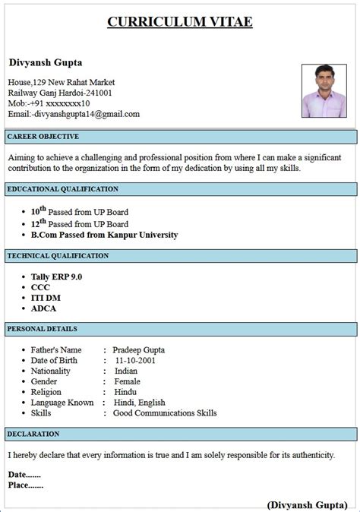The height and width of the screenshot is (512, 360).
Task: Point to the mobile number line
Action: (49, 103)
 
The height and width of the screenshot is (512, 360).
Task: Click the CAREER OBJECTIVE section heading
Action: (43, 136)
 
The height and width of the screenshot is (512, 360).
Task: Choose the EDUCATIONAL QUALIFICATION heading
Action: (62, 188)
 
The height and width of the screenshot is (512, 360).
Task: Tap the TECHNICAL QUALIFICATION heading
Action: (58, 256)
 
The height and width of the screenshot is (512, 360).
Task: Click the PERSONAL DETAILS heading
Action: (42, 329)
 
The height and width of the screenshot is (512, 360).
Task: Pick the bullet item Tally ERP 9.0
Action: (56, 277)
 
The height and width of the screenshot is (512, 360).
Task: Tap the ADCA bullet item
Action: (43, 308)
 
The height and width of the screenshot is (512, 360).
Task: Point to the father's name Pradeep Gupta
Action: (138, 349)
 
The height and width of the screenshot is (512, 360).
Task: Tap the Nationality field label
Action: (50, 371)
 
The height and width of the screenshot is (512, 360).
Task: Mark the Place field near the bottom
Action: (25, 485)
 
